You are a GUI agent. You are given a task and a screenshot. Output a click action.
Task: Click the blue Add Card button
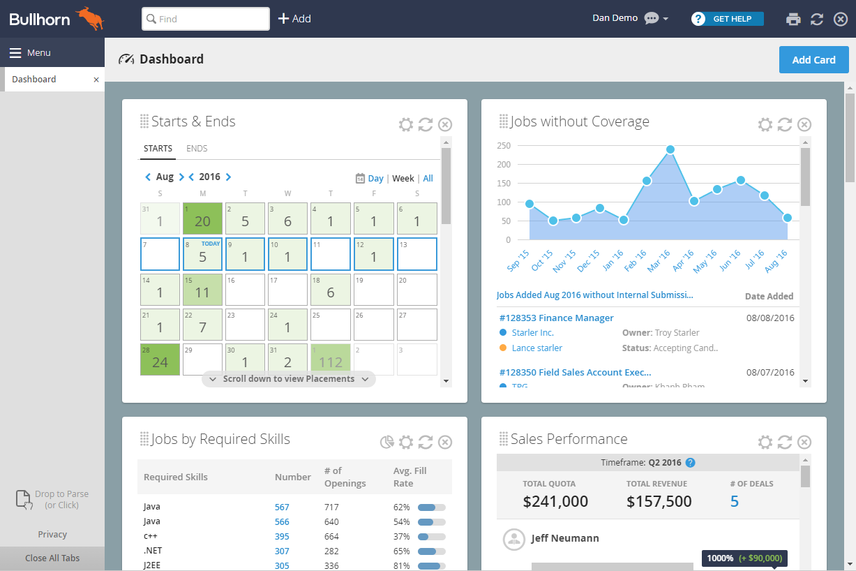813,60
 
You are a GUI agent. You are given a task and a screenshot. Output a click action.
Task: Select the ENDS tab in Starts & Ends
197,149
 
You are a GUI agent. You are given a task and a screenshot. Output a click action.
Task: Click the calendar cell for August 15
202,289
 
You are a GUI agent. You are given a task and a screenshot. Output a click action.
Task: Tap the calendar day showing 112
331,359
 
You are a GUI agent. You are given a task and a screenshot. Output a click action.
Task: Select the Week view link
403,179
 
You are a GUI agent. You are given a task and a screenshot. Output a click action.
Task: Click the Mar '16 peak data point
670,149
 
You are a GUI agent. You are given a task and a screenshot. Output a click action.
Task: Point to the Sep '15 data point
530,204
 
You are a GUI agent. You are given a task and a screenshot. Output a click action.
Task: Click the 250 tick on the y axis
503,146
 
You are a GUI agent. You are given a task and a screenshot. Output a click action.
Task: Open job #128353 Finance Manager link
556,318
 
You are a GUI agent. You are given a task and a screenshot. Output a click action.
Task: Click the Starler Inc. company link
532,333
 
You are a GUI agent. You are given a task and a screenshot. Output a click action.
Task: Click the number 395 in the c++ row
282,537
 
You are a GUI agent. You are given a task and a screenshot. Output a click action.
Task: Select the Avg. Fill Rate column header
410,477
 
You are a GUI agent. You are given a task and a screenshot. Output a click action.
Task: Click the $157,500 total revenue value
659,501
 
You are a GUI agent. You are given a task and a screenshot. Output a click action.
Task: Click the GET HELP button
728,19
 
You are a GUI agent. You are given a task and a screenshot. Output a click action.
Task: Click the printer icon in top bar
793,19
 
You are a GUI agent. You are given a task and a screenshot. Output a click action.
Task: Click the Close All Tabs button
52,558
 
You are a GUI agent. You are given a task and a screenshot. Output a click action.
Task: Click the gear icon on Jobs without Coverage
765,125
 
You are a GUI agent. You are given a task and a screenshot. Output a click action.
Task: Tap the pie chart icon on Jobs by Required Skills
386,442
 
